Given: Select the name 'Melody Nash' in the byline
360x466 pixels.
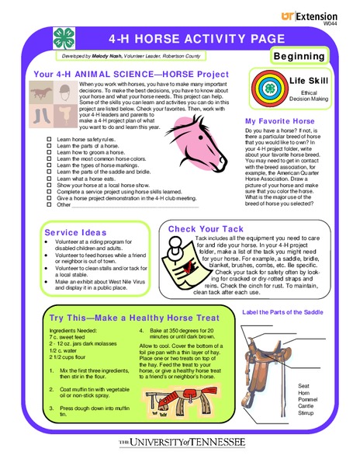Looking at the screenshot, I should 106,57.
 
